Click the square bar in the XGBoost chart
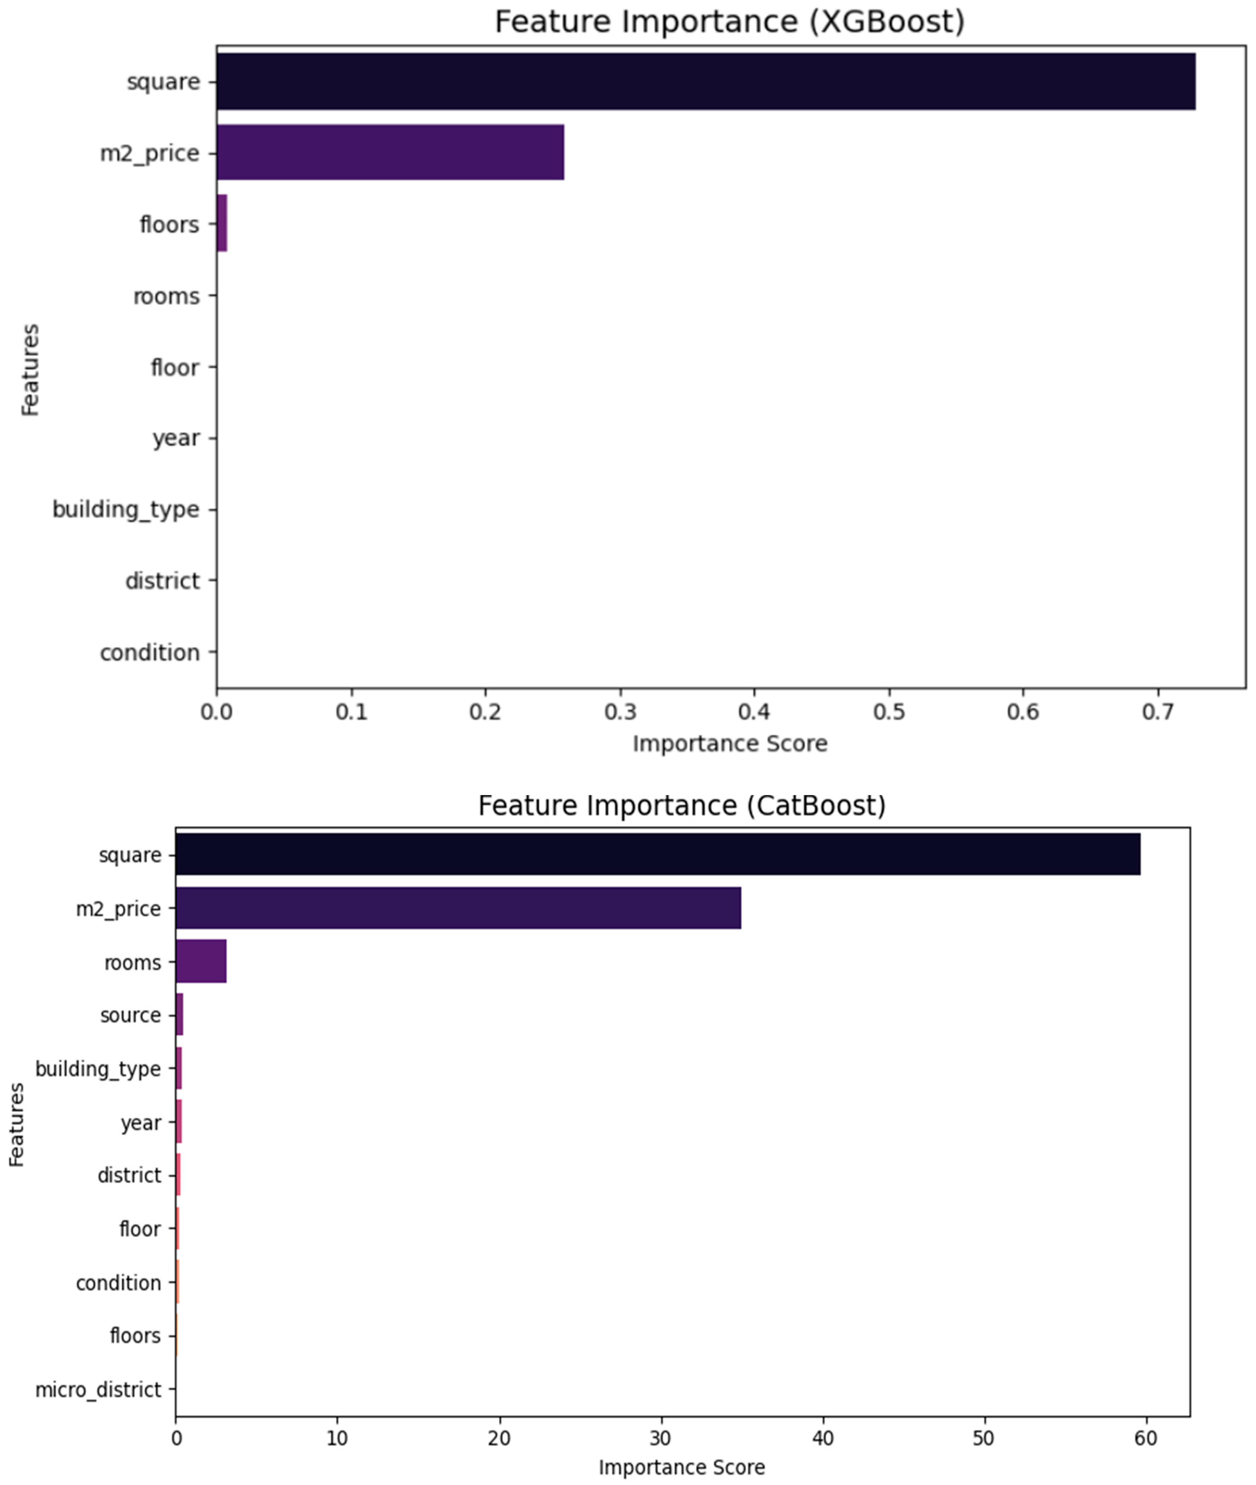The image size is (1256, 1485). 705,81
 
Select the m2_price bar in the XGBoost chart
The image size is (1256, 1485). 390,152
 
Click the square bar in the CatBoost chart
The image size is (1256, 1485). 657,854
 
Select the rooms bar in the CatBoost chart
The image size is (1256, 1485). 201,962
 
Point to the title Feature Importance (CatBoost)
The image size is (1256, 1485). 682,806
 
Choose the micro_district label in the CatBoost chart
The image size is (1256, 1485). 98,1390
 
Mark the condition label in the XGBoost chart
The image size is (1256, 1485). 149,652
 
